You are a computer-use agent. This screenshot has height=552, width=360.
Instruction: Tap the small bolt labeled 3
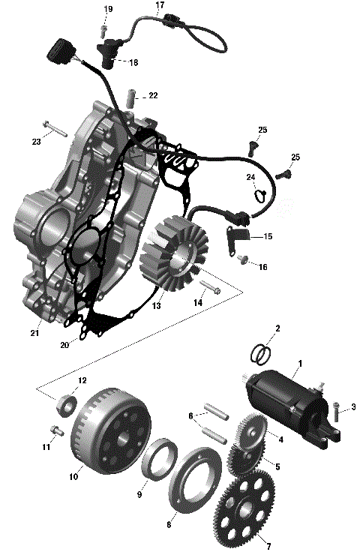point(337,409)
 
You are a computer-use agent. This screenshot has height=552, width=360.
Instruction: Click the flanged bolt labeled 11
point(55,430)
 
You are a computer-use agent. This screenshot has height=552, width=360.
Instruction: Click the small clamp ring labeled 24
point(258,196)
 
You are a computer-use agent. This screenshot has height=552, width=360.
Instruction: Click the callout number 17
point(159,5)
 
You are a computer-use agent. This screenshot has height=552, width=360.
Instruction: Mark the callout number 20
point(64,345)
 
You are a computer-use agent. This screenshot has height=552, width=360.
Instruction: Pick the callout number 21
point(34,333)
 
